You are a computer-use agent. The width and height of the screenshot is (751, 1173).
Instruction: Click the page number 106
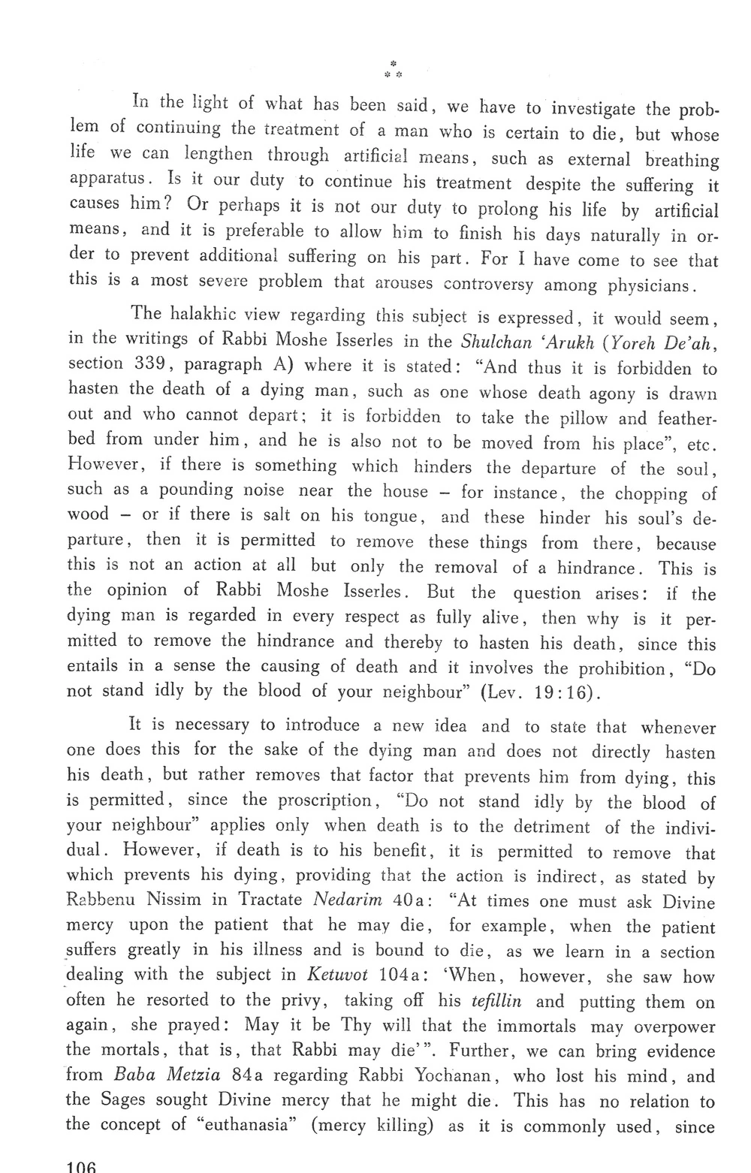point(82,1166)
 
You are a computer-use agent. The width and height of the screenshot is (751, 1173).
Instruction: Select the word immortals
point(537,1026)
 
